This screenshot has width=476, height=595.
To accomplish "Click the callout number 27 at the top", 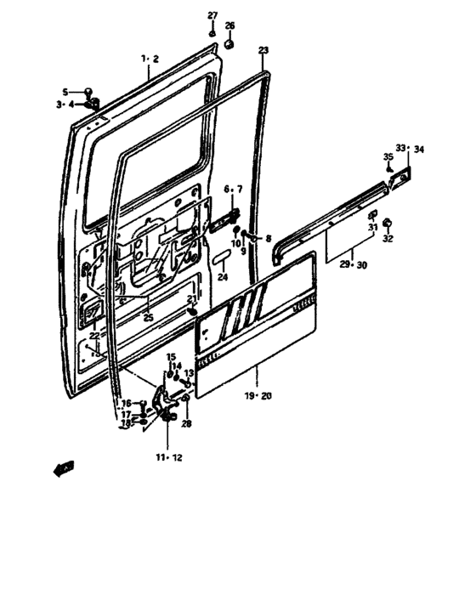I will click(x=212, y=14).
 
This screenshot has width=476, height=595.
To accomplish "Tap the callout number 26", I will click(x=229, y=25).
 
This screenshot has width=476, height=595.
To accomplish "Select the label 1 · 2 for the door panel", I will click(x=150, y=59).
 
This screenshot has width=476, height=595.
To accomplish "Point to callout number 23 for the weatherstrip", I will click(x=263, y=51).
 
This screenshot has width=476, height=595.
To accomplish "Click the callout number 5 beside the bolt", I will click(x=64, y=92).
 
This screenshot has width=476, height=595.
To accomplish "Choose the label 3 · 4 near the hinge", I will click(x=66, y=105).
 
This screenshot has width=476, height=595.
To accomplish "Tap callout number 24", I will click(x=223, y=277).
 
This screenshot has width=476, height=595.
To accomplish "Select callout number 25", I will click(x=148, y=317).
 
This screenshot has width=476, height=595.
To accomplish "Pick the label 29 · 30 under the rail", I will click(x=353, y=265).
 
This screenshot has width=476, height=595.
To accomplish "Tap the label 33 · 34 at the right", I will click(x=409, y=150).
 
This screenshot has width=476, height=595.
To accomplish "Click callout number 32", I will click(x=388, y=240).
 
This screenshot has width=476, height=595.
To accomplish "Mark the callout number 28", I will click(x=186, y=422).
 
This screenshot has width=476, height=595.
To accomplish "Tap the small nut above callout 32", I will click(x=387, y=223).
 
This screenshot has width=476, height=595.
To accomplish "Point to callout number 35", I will click(x=387, y=156).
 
